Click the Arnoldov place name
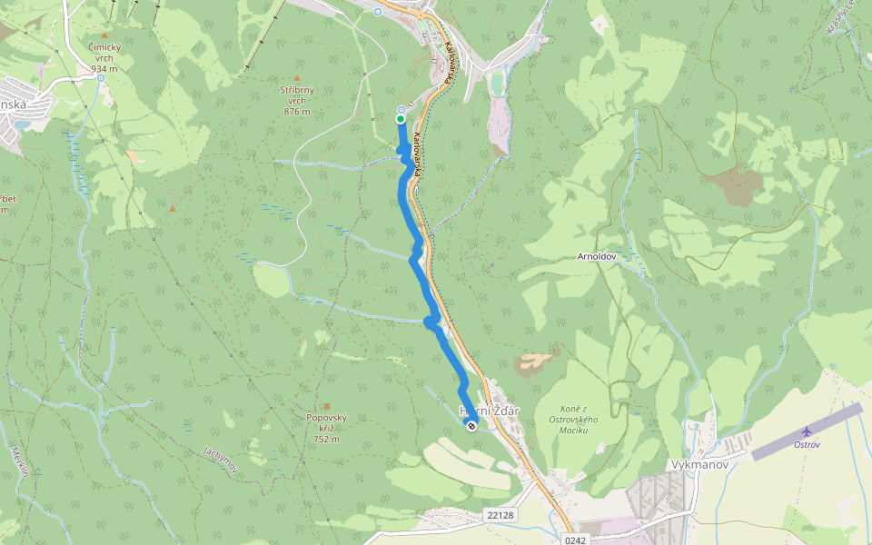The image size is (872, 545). (597, 257)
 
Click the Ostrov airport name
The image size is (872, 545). (807, 444)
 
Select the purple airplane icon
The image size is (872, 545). (807, 431)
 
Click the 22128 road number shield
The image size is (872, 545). (500, 515)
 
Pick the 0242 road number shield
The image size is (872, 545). (575, 540)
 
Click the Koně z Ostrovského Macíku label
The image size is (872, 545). (574, 419)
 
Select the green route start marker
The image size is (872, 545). (401, 118)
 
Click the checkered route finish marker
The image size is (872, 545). (471, 425)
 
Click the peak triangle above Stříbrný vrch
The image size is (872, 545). (297, 78)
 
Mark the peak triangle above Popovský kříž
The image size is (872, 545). (326, 406)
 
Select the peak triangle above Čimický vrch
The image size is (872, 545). (104, 35)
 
